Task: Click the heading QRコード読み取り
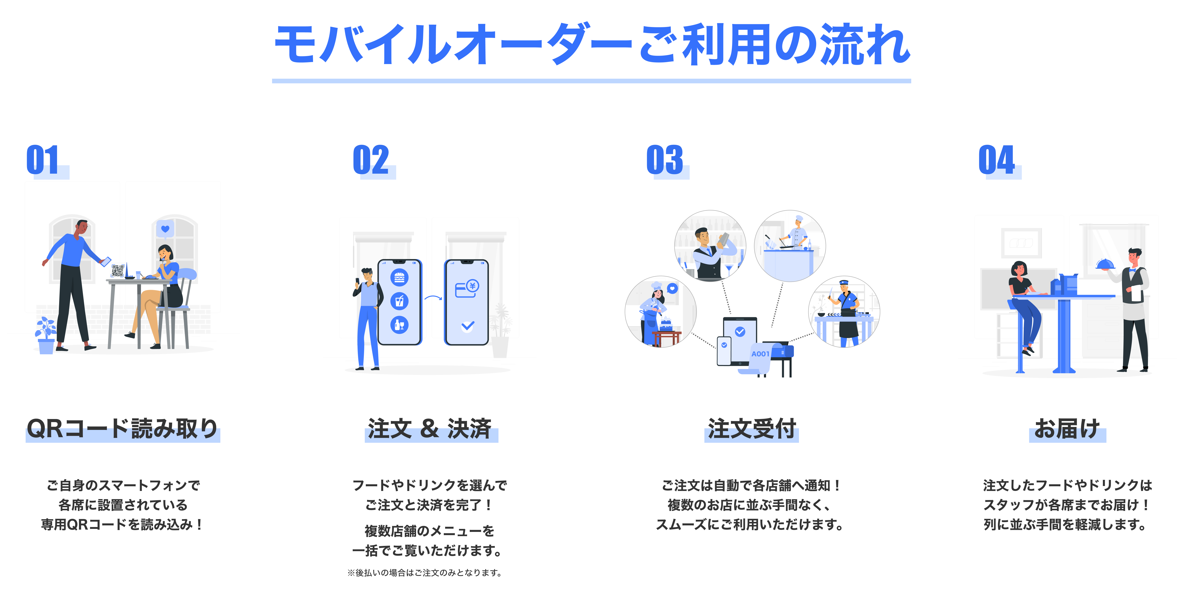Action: click(122, 429)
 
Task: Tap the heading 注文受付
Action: click(751, 429)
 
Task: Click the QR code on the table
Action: click(118, 271)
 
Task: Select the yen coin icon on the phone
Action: click(472, 286)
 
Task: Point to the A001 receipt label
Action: click(760, 354)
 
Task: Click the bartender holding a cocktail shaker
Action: click(710, 248)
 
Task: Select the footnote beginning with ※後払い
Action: click(425, 572)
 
